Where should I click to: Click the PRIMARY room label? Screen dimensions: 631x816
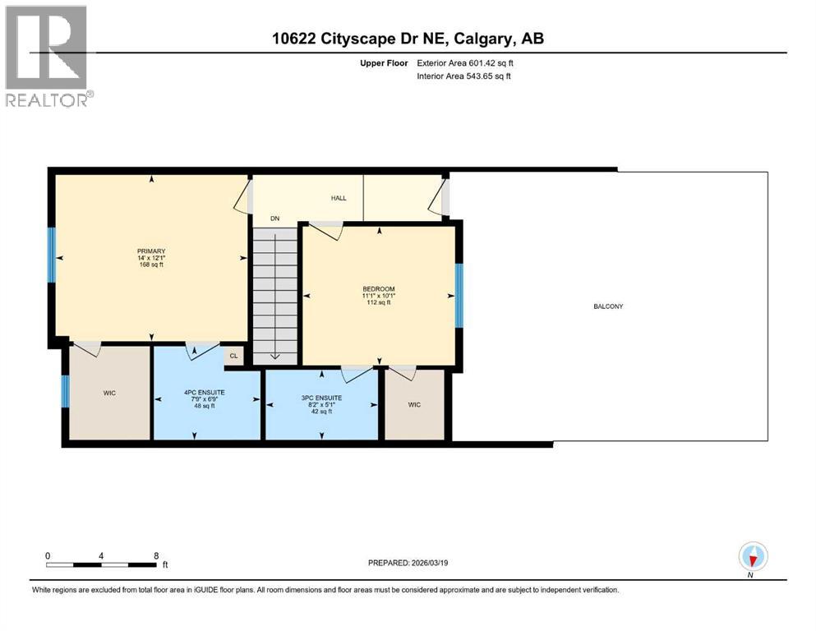(x=152, y=251)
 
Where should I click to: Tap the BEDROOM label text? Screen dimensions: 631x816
(x=379, y=289)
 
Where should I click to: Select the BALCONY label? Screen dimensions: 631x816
(x=609, y=306)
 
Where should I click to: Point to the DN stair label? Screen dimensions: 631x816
(x=275, y=219)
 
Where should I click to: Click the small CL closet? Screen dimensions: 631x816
(x=234, y=356)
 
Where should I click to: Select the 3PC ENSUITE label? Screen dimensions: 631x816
(x=320, y=398)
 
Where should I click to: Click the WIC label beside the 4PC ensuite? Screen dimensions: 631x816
(x=109, y=394)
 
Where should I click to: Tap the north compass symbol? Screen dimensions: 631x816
(x=753, y=557)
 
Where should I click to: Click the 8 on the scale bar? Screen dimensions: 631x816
(x=156, y=555)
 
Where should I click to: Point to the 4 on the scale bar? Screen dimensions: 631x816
(x=101, y=555)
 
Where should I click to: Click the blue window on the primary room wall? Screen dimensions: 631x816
(x=51, y=255)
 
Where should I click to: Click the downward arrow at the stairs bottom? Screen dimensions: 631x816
(x=275, y=357)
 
